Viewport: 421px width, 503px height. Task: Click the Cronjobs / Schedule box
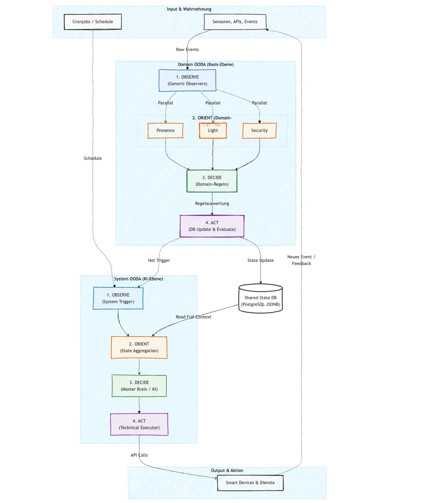pyautogui.click(x=93, y=22)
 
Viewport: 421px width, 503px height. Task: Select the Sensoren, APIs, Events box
pyautogui.click(x=235, y=22)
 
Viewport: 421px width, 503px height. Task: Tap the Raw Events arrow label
pyautogui.click(x=187, y=49)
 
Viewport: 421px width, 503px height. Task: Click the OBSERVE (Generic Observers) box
pyautogui.click(x=187, y=80)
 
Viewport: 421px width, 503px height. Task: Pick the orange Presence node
pyautogui.click(x=165, y=130)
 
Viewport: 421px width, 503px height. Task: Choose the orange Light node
pyautogui.click(x=213, y=130)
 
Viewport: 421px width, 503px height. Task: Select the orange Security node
pyautogui.click(x=259, y=130)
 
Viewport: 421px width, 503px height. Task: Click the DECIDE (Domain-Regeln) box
pyautogui.click(x=212, y=181)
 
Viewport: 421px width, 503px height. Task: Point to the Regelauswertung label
pyautogui.click(x=212, y=203)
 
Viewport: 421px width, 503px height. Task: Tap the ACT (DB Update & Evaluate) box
pyautogui.click(x=212, y=226)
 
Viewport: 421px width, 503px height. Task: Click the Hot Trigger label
pyautogui.click(x=159, y=260)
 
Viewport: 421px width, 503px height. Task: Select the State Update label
pyautogui.click(x=260, y=260)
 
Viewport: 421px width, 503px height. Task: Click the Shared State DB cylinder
pyautogui.click(x=260, y=300)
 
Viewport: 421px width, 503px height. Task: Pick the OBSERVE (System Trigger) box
pyautogui.click(x=118, y=298)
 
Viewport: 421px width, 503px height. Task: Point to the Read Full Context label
pyautogui.click(x=193, y=317)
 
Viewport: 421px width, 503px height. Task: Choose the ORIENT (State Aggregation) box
pyautogui.click(x=139, y=347)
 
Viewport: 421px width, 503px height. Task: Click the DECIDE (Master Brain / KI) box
pyautogui.click(x=139, y=386)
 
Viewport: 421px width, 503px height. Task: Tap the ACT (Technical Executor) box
pyautogui.click(x=139, y=424)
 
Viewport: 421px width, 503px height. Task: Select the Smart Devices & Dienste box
pyautogui.click(x=250, y=483)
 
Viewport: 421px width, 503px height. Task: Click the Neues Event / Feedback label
pyautogui.click(x=301, y=260)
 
